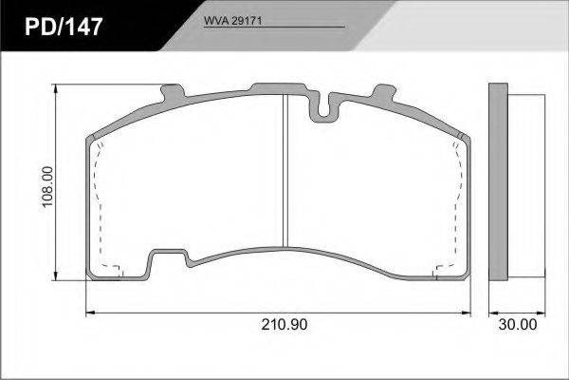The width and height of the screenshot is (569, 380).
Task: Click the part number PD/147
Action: click(64, 27)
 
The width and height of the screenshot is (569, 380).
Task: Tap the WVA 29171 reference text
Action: click(232, 21)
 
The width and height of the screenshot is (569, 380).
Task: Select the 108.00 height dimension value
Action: click(47, 187)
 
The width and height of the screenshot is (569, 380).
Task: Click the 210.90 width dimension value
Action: click(284, 324)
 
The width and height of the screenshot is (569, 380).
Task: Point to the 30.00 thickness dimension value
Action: click(517, 324)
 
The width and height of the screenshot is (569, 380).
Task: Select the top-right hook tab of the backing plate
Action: click(385, 92)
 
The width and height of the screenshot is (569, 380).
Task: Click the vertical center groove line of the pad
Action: click(285, 171)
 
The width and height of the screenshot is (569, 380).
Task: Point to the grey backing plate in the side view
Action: click(498, 181)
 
